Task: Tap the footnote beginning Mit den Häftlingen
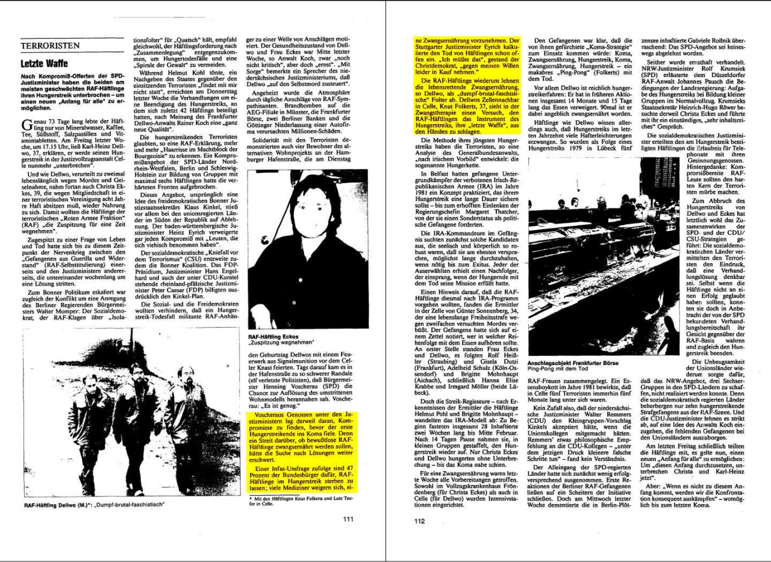300,503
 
